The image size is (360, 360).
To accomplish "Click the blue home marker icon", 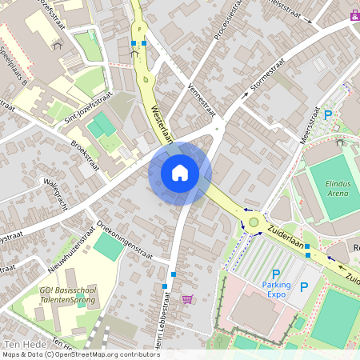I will (179, 173).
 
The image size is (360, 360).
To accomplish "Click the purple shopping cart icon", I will (187, 300).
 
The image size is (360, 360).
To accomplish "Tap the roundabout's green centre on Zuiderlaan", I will (254, 222).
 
